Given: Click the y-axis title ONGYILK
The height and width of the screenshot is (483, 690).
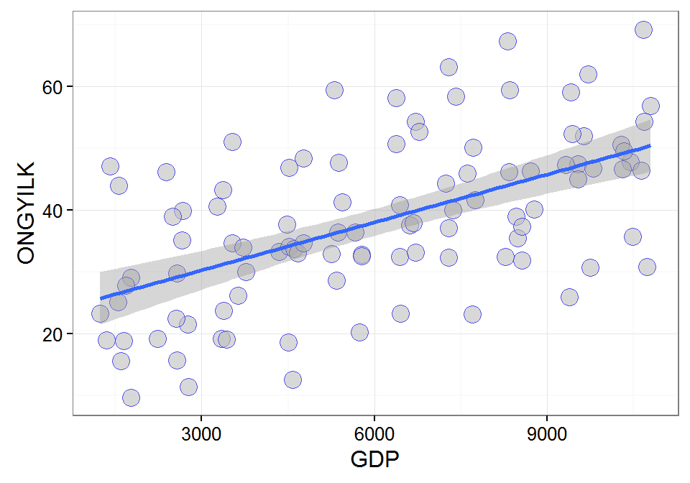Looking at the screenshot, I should pyautogui.click(x=26, y=213).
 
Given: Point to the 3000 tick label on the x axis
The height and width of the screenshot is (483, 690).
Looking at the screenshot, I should pyautogui.click(x=201, y=436).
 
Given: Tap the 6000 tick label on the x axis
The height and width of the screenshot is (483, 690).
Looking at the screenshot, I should pyautogui.click(x=374, y=436).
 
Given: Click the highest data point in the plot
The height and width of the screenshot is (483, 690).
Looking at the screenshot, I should pyautogui.click(x=643, y=29).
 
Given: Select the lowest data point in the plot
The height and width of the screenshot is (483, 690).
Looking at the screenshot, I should pyautogui.click(x=131, y=397).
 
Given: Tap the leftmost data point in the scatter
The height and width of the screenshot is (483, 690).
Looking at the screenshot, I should pyautogui.click(x=100, y=313).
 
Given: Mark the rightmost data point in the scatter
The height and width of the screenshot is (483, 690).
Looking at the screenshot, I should pyautogui.click(x=650, y=106).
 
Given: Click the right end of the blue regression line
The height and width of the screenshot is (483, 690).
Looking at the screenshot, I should pyautogui.click(x=650, y=145).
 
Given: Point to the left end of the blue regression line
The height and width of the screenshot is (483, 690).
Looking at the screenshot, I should pyautogui.click(x=101, y=298).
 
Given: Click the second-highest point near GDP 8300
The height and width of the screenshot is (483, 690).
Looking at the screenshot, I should pyautogui.click(x=510, y=90).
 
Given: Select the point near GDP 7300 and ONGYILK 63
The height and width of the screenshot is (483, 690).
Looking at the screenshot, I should pyautogui.click(x=448, y=67).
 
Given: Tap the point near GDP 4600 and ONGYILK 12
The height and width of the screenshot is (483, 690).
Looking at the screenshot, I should pyautogui.click(x=293, y=379).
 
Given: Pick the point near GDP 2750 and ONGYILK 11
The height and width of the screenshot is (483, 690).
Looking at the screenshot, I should pyautogui.click(x=188, y=387).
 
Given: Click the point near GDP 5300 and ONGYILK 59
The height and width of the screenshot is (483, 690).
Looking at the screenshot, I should pyautogui.click(x=334, y=90).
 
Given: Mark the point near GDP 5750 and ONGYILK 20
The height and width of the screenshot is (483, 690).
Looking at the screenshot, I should pyautogui.click(x=359, y=332).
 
